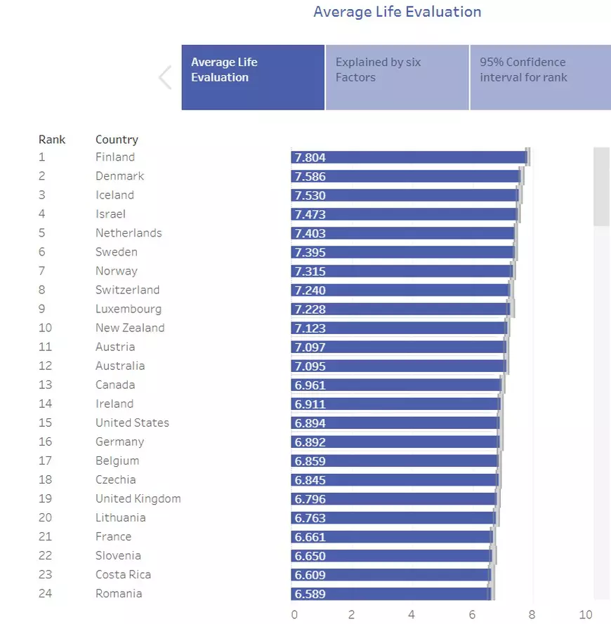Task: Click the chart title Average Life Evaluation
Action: pyautogui.click(x=397, y=12)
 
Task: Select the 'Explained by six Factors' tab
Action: pyautogui.click(x=397, y=77)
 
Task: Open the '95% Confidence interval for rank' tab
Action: pyautogui.click(x=539, y=77)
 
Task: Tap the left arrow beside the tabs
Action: pyautogui.click(x=165, y=77)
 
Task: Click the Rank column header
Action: pyautogui.click(x=52, y=140)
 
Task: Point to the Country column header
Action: pyautogui.click(x=117, y=140)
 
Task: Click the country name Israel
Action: pyautogui.click(x=110, y=214)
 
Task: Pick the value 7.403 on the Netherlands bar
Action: pyautogui.click(x=310, y=234)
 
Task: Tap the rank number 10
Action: pyautogui.click(x=45, y=328)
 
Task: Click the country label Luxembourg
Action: pyautogui.click(x=129, y=309)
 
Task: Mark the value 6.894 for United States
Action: pyautogui.click(x=310, y=423)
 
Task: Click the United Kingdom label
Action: pyautogui.click(x=138, y=499)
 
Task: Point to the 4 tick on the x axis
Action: pyautogui.click(x=411, y=615)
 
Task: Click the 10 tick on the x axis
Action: pyautogui.click(x=586, y=615)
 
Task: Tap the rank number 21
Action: pyautogui.click(x=45, y=537)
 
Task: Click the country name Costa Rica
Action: pyautogui.click(x=123, y=575)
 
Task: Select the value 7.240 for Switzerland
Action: pyautogui.click(x=310, y=291)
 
